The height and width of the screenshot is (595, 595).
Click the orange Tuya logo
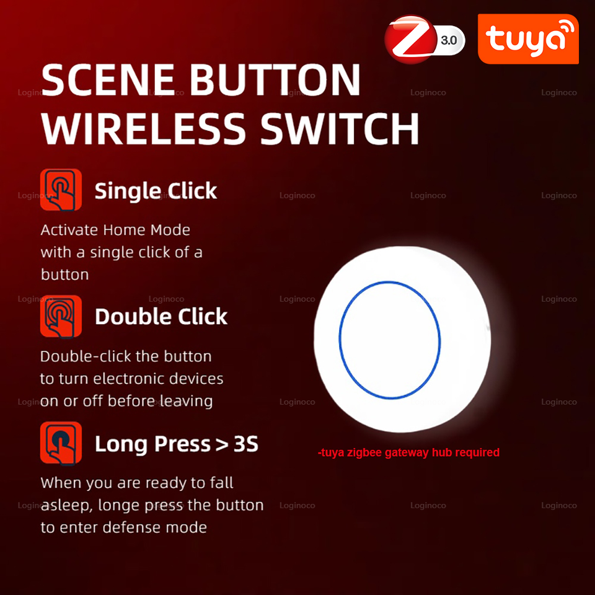(x=528, y=39)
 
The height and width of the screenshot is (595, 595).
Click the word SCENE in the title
(x=109, y=81)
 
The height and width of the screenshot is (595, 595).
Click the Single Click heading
(x=156, y=191)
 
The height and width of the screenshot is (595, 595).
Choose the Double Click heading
(x=161, y=317)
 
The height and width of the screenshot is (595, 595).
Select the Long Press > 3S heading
(x=177, y=444)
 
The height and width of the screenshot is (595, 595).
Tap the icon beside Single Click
(x=61, y=190)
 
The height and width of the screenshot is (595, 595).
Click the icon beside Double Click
(x=61, y=316)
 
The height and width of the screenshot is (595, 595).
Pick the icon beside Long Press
(x=61, y=443)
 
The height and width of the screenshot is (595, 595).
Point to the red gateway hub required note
(x=408, y=452)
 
